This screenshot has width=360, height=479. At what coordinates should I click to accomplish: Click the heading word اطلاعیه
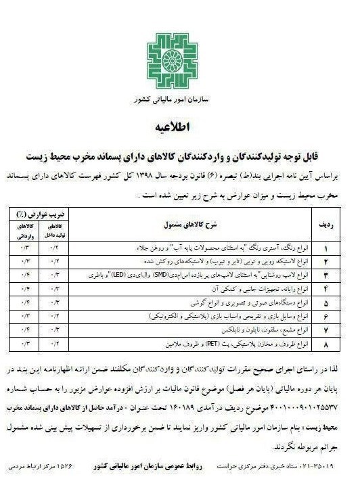[180, 128]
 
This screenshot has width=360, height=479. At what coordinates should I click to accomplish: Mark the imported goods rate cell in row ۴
[23, 290]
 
